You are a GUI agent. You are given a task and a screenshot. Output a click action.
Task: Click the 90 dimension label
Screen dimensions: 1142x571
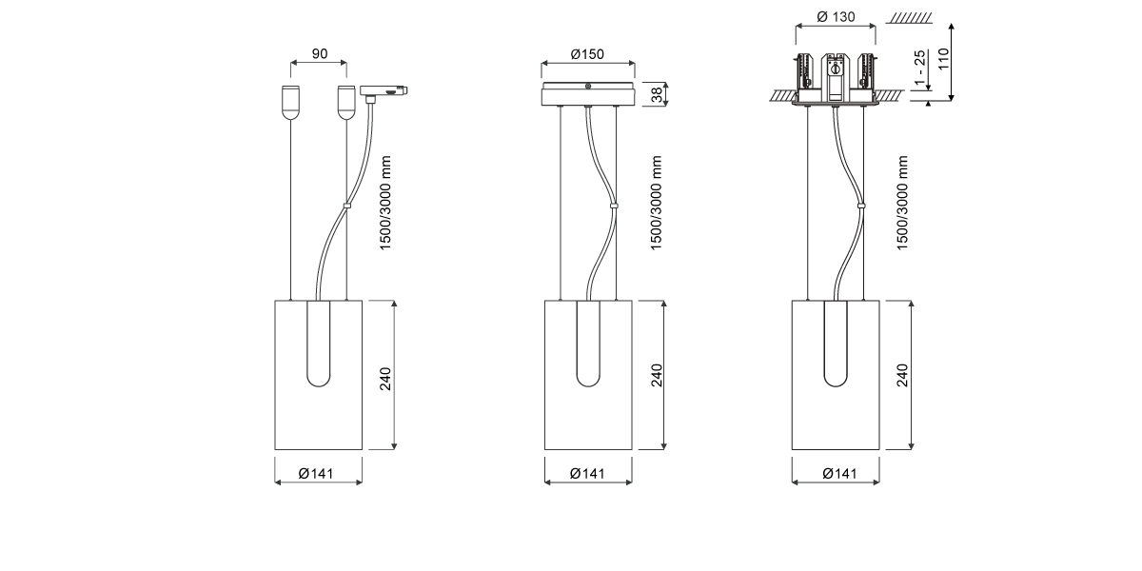(319, 53)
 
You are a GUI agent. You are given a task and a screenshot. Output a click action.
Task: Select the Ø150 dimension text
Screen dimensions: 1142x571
(587, 54)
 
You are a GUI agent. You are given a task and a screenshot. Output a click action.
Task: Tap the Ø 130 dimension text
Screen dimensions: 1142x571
(836, 17)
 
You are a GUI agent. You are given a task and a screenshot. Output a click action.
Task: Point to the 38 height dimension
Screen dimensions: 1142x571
(658, 94)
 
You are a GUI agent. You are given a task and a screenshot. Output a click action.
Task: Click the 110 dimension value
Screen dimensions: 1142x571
(944, 59)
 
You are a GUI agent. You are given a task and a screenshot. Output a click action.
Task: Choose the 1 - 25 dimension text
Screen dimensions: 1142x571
(919, 68)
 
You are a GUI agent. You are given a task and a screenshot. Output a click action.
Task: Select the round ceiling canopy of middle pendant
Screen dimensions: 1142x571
(588, 94)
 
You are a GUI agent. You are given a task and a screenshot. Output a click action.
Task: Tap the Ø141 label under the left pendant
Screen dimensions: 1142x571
(316, 474)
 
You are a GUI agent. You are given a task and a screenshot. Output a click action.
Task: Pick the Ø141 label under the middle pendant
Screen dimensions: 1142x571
(587, 474)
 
